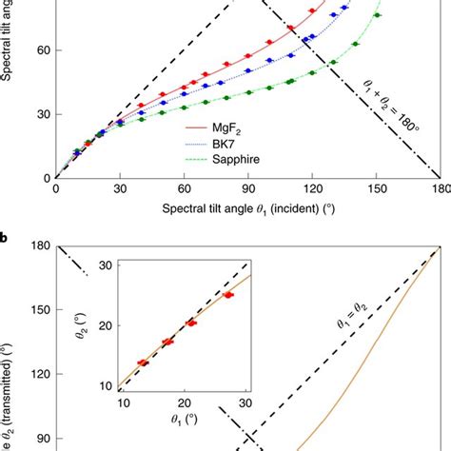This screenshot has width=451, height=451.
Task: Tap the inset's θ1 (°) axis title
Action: point(186,424)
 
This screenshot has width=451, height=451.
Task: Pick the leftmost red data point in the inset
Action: point(144,363)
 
